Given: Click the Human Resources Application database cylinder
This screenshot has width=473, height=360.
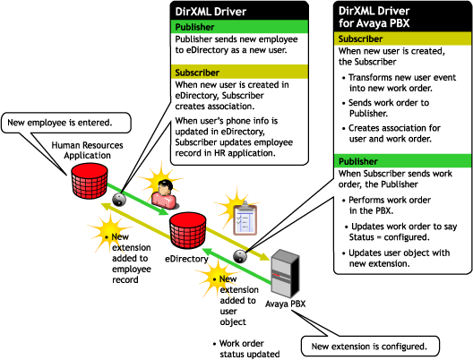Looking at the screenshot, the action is [90, 181].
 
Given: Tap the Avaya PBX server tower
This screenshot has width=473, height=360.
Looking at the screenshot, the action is [285, 273].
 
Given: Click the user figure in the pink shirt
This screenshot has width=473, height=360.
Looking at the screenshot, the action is [164, 194].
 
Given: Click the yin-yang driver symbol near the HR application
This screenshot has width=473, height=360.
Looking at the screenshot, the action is [119, 200].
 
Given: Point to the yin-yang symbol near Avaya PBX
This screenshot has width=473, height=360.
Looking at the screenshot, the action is [240, 257].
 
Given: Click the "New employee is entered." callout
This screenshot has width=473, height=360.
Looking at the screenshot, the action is [66, 123].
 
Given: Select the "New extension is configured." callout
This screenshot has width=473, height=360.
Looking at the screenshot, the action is [370, 347].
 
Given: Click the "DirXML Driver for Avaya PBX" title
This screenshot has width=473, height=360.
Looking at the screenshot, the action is [374, 17].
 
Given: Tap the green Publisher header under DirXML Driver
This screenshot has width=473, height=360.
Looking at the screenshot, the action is [239, 27].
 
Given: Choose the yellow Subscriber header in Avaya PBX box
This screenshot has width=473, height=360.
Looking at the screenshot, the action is [402, 39].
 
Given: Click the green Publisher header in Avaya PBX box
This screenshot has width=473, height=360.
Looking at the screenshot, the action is [402, 161].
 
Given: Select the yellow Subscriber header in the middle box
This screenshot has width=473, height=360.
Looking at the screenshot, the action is [239, 73].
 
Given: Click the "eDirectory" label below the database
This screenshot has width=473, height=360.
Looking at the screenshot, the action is [186, 259].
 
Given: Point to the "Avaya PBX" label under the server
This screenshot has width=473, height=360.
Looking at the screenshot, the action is [286, 304].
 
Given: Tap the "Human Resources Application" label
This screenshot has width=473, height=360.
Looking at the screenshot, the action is [87, 150].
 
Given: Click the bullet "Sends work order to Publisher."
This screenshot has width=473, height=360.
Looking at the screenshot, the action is [386, 108].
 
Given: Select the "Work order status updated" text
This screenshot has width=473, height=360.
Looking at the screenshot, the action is [246, 348].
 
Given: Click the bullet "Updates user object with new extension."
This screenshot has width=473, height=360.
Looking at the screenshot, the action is [396, 258].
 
